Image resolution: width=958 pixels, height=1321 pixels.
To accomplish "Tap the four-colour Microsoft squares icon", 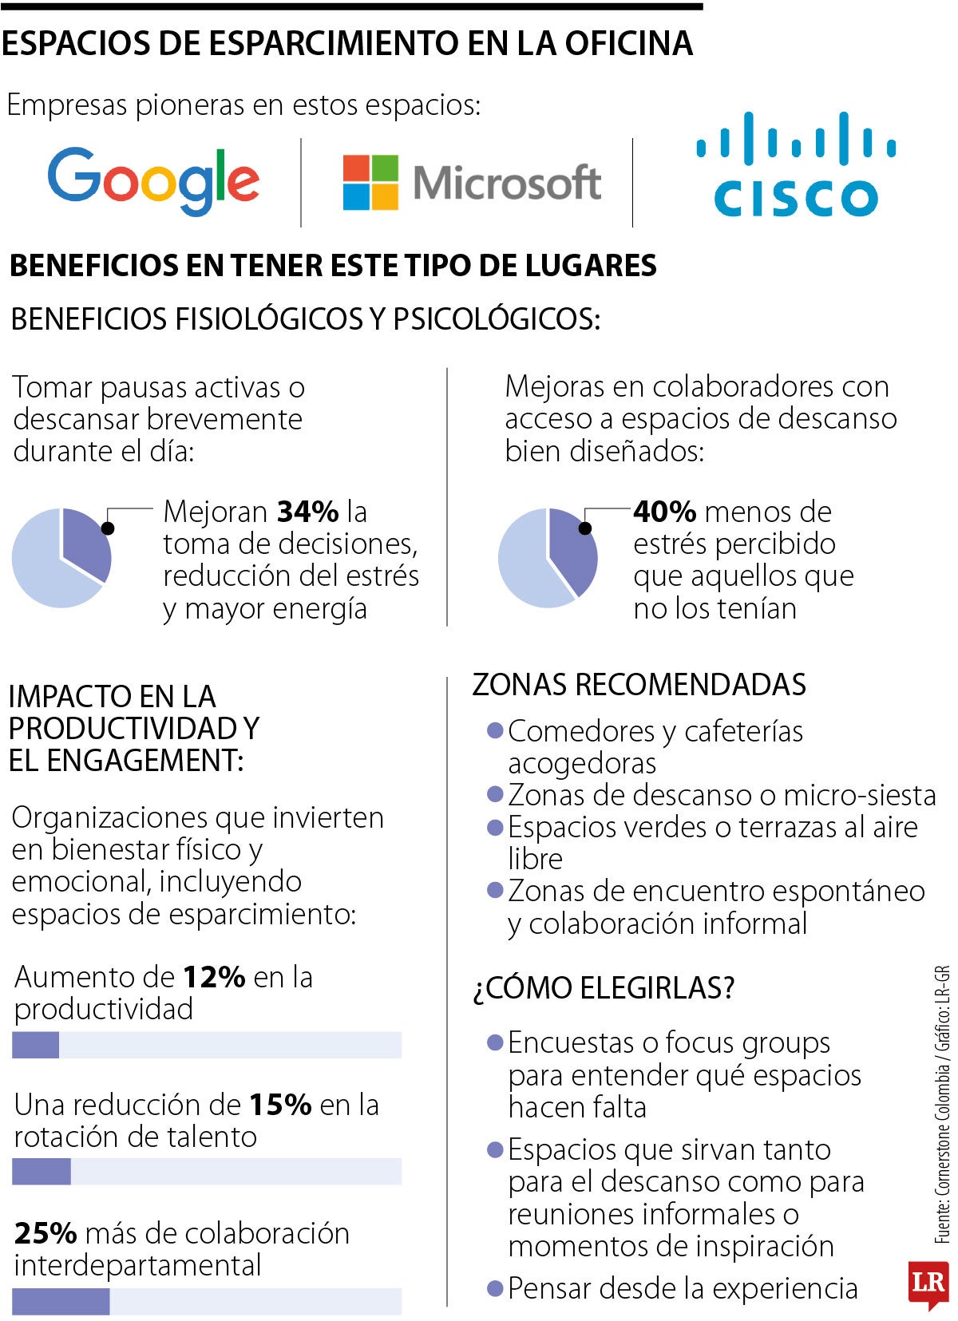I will [x=370, y=183].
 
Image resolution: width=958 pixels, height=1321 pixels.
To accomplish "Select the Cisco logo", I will [x=795, y=165].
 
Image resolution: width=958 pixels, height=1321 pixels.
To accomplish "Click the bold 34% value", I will [x=307, y=512].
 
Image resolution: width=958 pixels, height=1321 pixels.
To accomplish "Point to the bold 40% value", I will [x=664, y=512].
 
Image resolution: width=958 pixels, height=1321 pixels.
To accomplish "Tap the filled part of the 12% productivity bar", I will [x=35, y=1045].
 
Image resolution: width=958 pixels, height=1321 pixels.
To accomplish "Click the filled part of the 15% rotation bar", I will [x=41, y=1171].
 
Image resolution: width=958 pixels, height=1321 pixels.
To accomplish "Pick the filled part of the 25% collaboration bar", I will [x=61, y=1301].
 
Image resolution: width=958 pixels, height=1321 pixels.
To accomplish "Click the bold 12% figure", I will [x=213, y=977].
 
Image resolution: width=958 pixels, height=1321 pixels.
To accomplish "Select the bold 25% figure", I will [x=46, y=1233].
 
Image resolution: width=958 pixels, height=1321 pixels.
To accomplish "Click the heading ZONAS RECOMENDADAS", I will [x=639, y=685].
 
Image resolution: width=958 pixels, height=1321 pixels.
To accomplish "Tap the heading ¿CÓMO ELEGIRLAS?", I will [x=603, y=988].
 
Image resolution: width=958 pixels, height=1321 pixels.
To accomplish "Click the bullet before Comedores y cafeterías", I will [x=495, y=730].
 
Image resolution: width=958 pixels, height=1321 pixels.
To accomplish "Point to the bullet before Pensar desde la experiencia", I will [x=495, y=1287].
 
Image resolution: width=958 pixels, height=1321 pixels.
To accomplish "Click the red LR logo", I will [x=927, y=1283].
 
